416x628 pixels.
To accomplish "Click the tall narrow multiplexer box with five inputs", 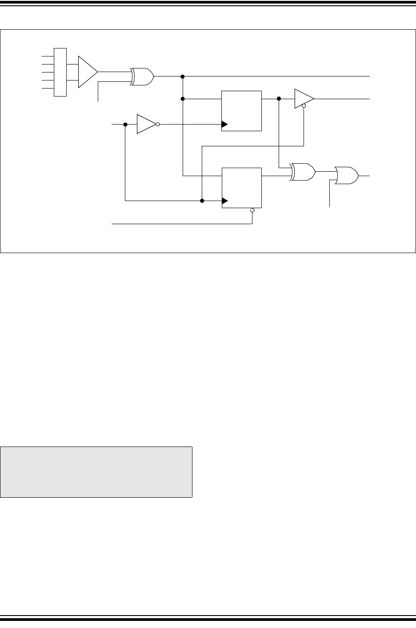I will tap(60, 72).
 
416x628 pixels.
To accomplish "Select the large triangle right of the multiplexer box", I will tap(87, 72).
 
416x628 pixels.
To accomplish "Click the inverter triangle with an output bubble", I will tap(146, 124).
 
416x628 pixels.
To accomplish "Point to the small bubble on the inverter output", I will tap(158, 124).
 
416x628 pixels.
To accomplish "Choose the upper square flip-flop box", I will tap(241, 110).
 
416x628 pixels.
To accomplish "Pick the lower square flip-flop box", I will tap(241, 188).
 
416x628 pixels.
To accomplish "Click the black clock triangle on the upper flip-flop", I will tap(224, 124).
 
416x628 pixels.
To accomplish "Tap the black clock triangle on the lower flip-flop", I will tap(224, 201).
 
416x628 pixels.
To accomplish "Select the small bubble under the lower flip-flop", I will tap(252, 210).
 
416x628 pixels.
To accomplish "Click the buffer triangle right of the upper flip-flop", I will tap(304, 98).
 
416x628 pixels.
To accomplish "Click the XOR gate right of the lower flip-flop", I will tap(302, 172).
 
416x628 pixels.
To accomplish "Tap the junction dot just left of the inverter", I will tap(125, 124).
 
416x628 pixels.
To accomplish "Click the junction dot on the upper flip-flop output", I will tap(279, 98).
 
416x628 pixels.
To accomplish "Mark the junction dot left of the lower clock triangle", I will tap(202, 201).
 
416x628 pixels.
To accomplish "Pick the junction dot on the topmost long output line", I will tap(183, 76).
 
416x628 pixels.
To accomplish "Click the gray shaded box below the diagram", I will tap(96, 471).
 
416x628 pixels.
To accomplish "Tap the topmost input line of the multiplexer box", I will tap(47, 56).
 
